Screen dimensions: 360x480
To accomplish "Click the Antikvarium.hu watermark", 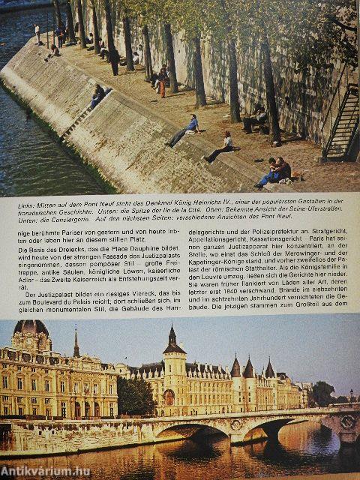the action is [45, 469].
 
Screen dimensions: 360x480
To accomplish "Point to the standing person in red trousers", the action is [161, 81].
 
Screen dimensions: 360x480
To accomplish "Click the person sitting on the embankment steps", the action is [97, 95].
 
